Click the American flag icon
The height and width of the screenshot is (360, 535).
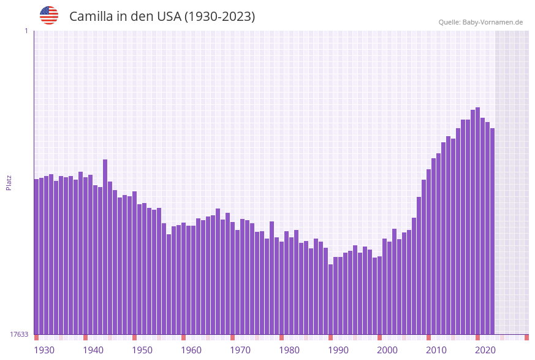[49, 15]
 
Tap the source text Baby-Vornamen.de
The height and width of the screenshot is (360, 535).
[493, 22]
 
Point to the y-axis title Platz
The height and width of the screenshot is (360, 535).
[9, 182]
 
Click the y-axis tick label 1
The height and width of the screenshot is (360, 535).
[26, 31]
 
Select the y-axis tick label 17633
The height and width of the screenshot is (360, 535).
[18, 334]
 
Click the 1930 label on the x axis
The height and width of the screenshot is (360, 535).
[44, 350]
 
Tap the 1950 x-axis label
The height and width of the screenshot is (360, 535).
[142, 350]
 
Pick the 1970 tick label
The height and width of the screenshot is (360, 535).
[240, 350]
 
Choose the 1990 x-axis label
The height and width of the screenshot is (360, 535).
[338, 350]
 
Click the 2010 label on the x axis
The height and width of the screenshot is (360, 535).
[436, 350]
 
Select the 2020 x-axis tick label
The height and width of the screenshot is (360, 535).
[485, 350]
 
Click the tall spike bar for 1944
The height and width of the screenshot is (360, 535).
[105, 245]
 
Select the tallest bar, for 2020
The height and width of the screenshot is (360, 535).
[478, 221]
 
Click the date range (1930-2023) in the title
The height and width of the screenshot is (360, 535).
[219, 17]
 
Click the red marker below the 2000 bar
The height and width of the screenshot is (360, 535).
[380, 337]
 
